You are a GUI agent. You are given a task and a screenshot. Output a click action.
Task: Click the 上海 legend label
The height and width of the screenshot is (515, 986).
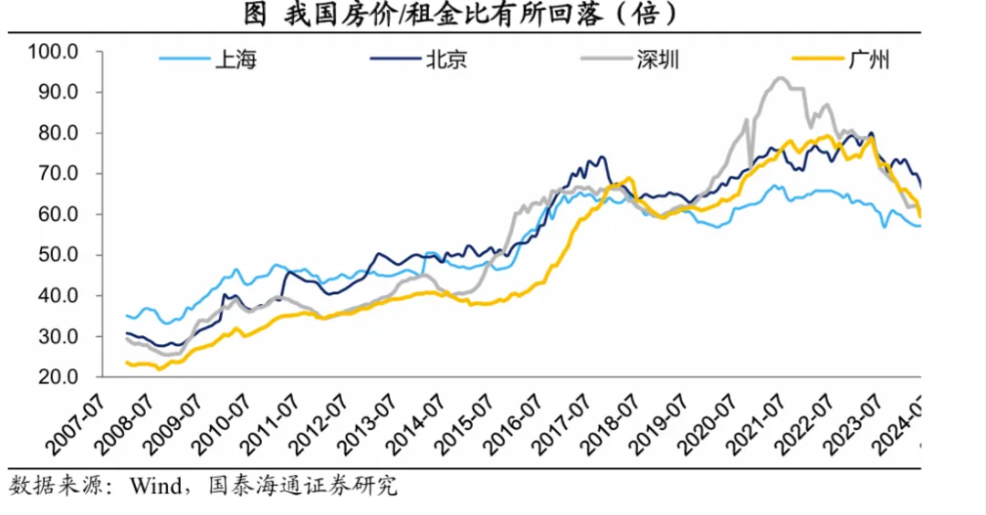point(236,61)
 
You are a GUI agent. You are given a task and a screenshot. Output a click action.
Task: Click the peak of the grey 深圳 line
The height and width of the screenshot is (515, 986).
point(781,78)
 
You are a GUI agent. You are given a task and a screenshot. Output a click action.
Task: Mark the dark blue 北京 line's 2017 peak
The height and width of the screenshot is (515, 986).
point(601,157)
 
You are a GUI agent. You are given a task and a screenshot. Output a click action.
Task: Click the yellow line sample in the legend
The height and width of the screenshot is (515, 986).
point(817,61)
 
